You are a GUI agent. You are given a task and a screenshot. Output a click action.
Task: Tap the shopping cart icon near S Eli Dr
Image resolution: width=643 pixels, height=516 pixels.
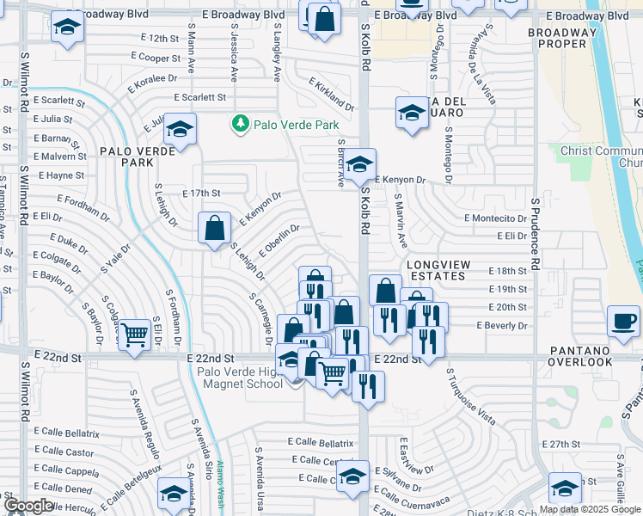pyautogui.click(x=134, y=334)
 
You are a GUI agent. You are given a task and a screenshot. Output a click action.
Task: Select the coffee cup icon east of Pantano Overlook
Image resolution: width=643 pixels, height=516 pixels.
pyautogui.click(x=623, y=322)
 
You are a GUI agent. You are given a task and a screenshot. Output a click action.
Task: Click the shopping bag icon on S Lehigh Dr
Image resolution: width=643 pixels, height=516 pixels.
pyautogui.click(x=214, y=229)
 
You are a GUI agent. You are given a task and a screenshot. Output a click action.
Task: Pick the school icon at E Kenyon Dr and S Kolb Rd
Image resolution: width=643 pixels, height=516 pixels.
pyautogui.click(x=360, y=163)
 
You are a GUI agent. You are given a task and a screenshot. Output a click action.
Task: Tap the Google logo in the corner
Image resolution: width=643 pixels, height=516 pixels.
pyautogui.click(x=28, y=505)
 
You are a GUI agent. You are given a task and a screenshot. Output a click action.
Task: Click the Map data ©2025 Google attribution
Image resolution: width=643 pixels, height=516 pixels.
pyautogui.click(x=591, y=509)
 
